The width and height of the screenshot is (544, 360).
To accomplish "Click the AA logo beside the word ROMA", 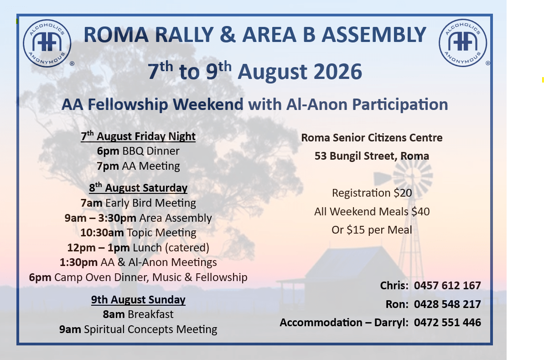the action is (47, 43).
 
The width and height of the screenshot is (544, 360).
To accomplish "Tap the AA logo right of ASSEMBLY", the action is (463, 43).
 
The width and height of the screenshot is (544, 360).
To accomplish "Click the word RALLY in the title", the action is (183, 35).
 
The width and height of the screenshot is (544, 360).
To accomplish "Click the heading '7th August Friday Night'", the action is (138, 136).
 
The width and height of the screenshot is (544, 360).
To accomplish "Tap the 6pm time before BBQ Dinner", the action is (108, 151).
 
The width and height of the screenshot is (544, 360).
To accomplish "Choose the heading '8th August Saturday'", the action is (138, 188).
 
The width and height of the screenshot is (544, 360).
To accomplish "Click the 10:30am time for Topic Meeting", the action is (102, 233).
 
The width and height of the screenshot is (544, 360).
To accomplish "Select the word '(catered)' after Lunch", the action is (187, 248).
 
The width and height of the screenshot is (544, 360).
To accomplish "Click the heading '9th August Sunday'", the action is (138, 299).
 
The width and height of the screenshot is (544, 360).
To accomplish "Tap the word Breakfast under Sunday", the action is (150, 314).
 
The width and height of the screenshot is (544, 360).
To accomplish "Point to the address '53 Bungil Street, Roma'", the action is (372, 156).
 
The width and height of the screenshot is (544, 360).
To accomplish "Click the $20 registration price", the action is (403, 193).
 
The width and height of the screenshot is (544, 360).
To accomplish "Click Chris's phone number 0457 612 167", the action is (447, 285).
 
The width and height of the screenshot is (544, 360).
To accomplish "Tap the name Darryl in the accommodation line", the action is (391, 323).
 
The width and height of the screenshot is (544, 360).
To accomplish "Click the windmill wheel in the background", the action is (413, 175).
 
